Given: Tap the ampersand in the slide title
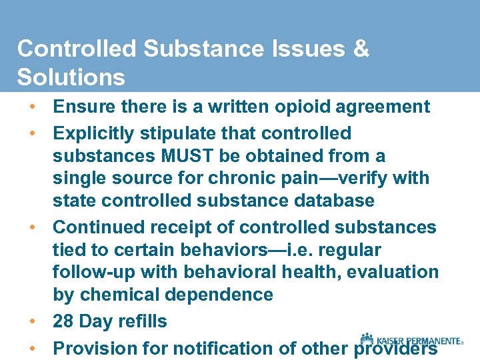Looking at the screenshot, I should click(361, 49).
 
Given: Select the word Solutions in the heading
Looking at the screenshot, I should click(71, 77).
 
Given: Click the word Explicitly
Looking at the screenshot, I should click(94, 133).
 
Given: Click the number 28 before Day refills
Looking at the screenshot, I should click(63, 321).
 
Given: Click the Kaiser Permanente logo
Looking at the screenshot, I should click(411, 340).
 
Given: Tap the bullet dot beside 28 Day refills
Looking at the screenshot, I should click(32, 321).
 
